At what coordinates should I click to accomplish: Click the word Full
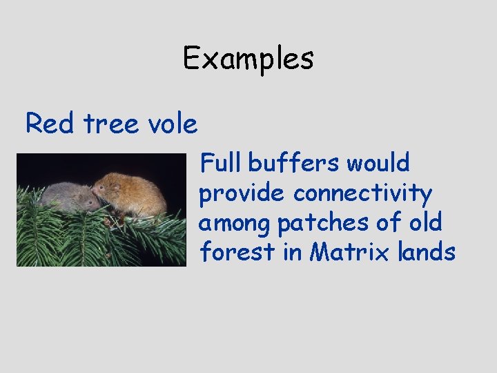[220, 164]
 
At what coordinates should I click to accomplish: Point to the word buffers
[293, 164]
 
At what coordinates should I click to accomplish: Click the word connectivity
[362, 195]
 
